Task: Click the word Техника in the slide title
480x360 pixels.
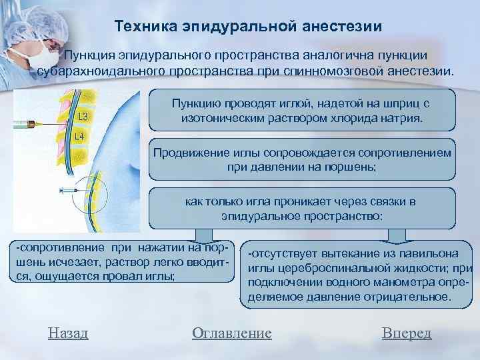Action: (140, 27)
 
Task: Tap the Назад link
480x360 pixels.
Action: (69, 333)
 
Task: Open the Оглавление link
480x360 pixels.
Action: (231, 333)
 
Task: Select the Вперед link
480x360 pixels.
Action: (407, 333)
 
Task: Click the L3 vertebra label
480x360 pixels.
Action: (85, 117)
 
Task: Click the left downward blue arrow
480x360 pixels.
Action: (199, 234)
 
